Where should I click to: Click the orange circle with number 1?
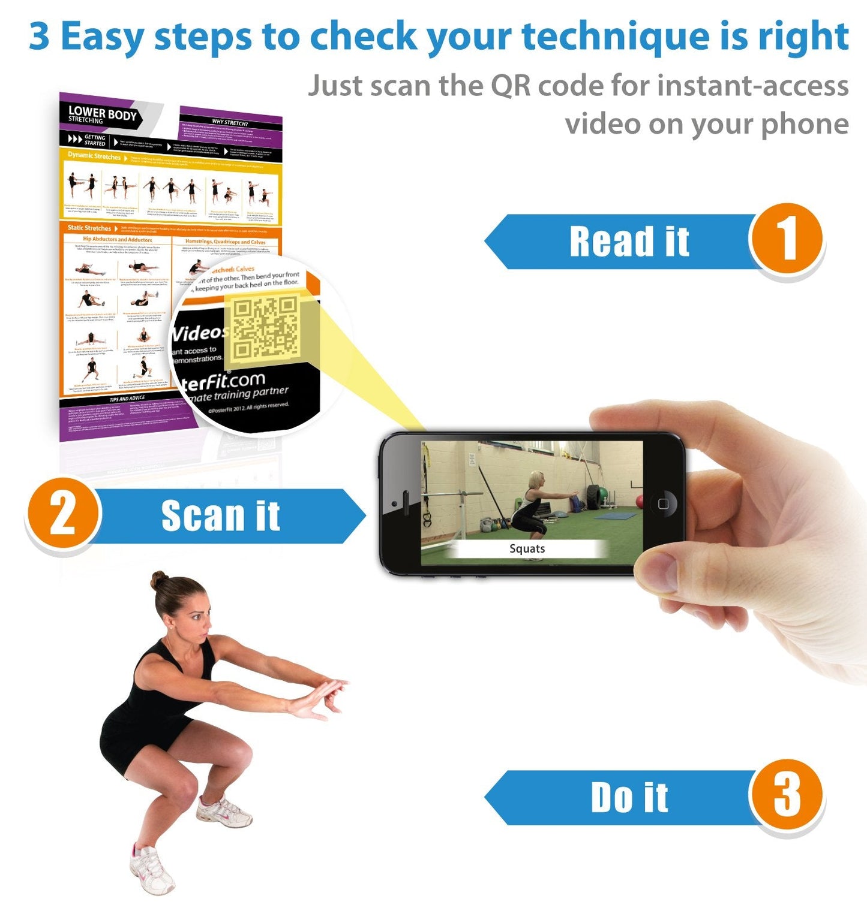[x=786, y=240]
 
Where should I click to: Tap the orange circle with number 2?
[x=62, y=514]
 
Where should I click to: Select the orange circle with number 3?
[x=786, y=796]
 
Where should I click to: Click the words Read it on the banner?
[x=629, y=242]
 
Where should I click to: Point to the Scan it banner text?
[x=220, y=516]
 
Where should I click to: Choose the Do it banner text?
[x=629, y=798]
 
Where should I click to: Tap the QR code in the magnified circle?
[x=265, y=328]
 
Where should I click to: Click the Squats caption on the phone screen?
[x=527, y=548]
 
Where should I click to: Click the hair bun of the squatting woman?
[x=159, y=580]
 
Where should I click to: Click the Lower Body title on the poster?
[x=102, y=113]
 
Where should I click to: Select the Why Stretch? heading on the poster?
[x=230, y=122]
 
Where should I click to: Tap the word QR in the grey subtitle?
[x=511, y=86]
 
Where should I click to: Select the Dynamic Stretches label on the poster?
[x=94, y=156]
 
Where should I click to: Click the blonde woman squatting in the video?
[x=531, y=503]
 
